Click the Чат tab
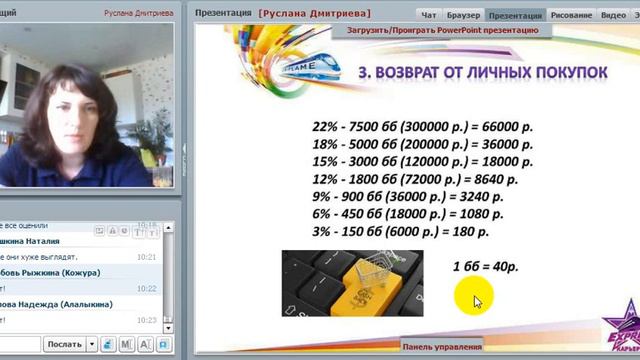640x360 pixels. point(429,15)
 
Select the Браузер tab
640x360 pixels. point(463,15)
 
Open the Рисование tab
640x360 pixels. point(572,15)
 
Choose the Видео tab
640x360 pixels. point(613,15)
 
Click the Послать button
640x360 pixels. point(65,344)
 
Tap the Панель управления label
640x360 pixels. point(441,347)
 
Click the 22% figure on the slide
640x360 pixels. point(326,127)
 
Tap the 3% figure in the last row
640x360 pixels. point(324,231)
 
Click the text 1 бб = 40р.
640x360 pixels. point(485,267)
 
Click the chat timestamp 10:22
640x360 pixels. point(147,288)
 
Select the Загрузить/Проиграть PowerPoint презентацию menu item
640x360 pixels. point(442,30)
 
